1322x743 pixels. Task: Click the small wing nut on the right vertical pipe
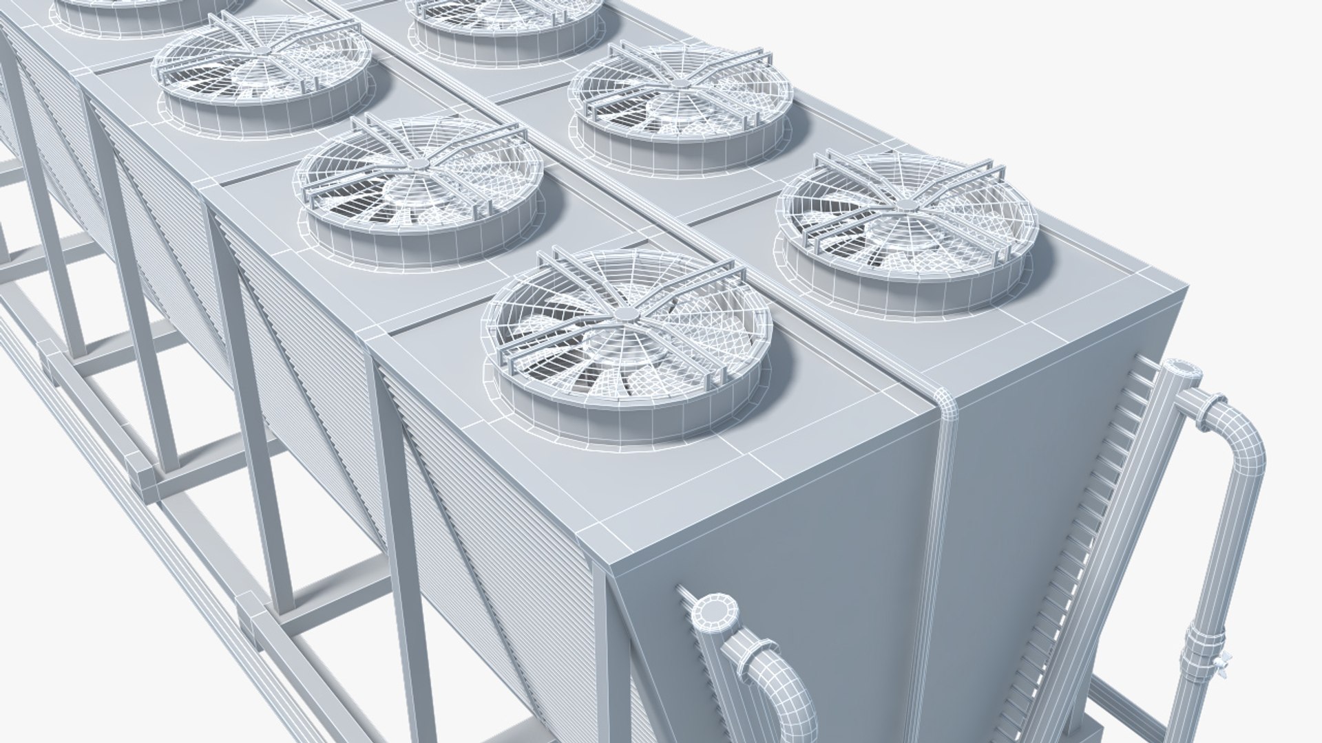click(1226, 665)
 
